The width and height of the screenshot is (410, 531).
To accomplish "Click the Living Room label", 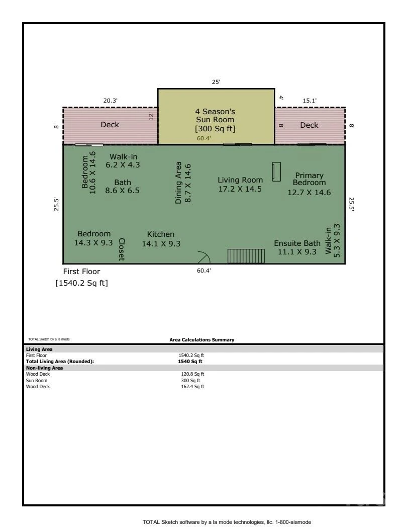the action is click(x=240, y=184).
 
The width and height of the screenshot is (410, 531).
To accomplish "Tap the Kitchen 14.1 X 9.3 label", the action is click(x=161, y=239).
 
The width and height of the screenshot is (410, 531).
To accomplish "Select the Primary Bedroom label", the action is click(x=309, y=184).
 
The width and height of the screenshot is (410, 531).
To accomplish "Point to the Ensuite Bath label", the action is click(x=297, y=247).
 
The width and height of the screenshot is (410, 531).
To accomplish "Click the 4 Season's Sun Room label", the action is click(x=215, y=120).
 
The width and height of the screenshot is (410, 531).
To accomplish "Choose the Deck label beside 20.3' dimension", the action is click(x=110, y=125).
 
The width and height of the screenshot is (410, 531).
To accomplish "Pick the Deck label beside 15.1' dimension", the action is click(x=309, y=125).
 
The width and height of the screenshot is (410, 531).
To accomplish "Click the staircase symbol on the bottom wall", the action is click(x=246, y=256).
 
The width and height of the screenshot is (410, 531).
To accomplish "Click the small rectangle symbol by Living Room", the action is click(x=277, y=171).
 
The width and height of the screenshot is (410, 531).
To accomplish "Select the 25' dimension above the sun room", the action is click(x=216, y=82).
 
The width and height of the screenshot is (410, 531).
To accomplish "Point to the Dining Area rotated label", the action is click(x=183, y=183).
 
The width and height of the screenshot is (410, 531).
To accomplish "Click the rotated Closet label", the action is click(x=122, y=249).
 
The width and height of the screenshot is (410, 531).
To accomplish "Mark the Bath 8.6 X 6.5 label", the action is click(x=122, y=187).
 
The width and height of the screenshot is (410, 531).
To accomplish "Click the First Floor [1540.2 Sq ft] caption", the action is click(x=81, y=277).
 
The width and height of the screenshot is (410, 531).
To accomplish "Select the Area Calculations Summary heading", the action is click(x=202, y=339).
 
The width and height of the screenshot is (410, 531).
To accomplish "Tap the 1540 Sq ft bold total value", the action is click(x=190, y=362).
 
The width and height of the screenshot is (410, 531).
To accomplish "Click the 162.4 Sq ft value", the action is click(x=192, y=386).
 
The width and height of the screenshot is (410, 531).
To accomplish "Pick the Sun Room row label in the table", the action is click(x=37, y=380).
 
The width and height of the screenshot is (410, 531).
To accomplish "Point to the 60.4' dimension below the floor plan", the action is click(x=204, y=271).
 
